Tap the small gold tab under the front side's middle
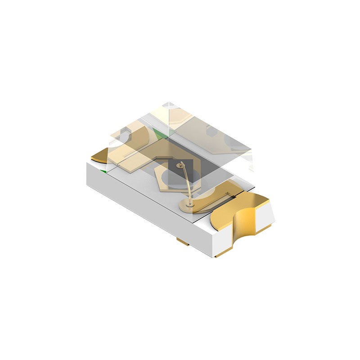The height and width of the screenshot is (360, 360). click(183, 243)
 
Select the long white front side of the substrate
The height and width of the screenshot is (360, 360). click(144, 202)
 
